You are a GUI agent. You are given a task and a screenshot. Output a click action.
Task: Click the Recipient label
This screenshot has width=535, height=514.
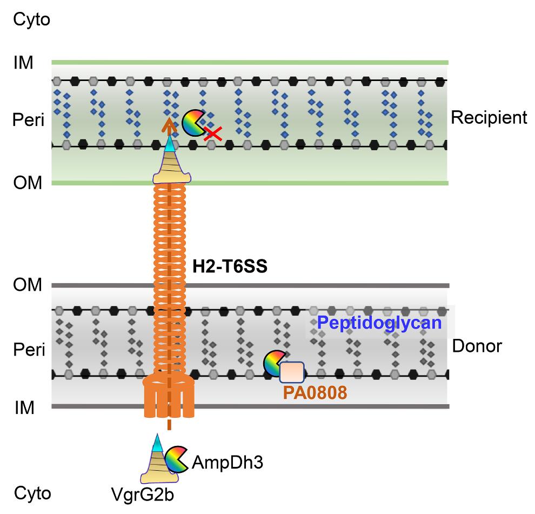click(489, 118)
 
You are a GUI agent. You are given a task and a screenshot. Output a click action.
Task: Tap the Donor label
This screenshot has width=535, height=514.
click(476, 346)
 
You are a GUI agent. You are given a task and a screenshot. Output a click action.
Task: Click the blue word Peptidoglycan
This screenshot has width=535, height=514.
click(379, 324)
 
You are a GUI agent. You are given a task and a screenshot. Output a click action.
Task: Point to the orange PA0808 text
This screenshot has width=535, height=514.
click(315, 393)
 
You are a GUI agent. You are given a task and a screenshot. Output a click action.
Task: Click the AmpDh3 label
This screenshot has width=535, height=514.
click(228, 463)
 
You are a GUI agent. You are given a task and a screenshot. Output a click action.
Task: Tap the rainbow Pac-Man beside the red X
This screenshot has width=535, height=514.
click(192, 124)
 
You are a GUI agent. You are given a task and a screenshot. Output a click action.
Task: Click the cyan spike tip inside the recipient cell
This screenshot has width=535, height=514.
click(170, 144)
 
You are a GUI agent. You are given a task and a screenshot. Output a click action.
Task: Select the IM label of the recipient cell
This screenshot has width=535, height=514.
click(23, 63)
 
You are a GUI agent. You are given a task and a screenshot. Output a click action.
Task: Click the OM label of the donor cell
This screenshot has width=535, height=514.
click(28, 285)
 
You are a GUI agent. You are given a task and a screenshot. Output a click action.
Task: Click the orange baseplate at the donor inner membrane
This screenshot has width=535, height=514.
click(169, 397)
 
